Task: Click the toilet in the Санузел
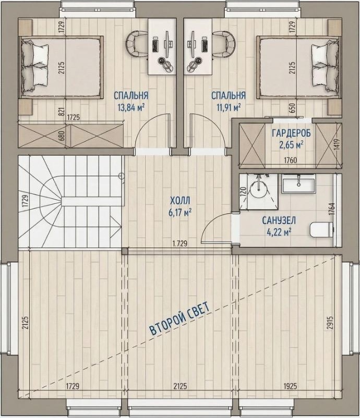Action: [321, 229]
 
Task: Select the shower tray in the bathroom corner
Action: [259, 191]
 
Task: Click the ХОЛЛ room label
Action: [181, 200]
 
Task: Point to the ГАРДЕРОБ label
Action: [291, 133]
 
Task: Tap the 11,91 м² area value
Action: [229, 107]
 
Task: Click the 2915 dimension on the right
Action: [330, 323]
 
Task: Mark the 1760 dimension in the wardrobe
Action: [290, 160]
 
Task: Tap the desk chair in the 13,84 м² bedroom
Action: [137, 43]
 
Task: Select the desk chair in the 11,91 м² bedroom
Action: [224, 43]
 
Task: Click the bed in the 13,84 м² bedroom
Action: [61, 67]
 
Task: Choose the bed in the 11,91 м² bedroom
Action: [299, 67]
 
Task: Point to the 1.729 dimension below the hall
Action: [179, 243]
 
